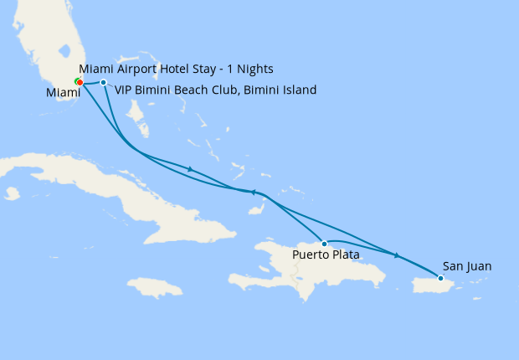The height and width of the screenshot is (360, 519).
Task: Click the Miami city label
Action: point(63,94)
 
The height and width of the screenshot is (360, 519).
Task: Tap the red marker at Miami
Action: point(79,82)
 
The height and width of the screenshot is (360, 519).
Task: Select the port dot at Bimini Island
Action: point(103,82)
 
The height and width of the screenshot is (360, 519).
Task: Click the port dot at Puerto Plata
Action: point(325,244)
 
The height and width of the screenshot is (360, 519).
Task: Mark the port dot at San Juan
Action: point(441,278)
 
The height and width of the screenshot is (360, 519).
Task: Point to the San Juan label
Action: point(467,266)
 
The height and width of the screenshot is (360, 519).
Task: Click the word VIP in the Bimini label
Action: point(125,90)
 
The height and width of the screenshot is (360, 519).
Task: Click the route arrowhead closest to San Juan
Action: point(397,255)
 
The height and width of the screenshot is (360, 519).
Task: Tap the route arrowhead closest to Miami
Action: point(191,169)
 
